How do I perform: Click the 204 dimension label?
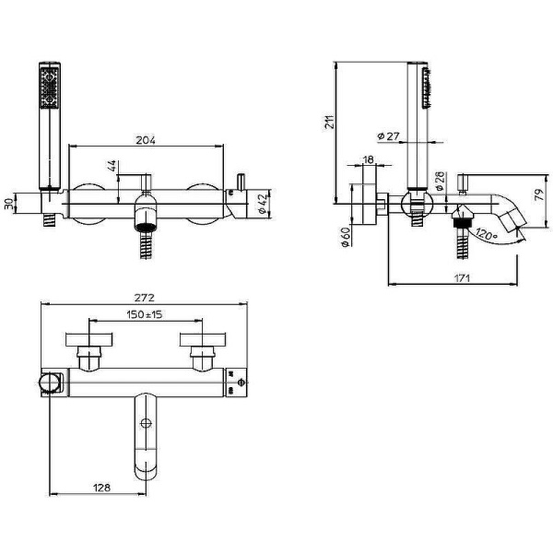tap(146, 140)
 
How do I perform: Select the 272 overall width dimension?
tap(145, 298)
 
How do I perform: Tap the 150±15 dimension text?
tap(145, 314)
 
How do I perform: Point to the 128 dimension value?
tap(101, 488)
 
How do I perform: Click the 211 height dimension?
tap(329, 122)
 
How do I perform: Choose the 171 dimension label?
tap(462, 278)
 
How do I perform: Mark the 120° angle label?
tap(486, 234)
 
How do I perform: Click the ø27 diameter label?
tap(388, 136)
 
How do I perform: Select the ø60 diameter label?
tap(346, 237)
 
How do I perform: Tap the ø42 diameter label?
tap(263, 204)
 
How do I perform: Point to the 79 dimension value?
tap(539, 195)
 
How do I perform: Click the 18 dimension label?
tap(368, 159)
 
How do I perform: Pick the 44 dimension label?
tap(112, 166)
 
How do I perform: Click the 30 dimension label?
tap(9, 204)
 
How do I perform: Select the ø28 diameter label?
tap(441, 181)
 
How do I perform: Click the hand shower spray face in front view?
tap(50, 88)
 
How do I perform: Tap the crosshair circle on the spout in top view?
tap(146, 423)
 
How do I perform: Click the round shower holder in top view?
tap(50, 382)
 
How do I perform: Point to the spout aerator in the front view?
tap(146, 227)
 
